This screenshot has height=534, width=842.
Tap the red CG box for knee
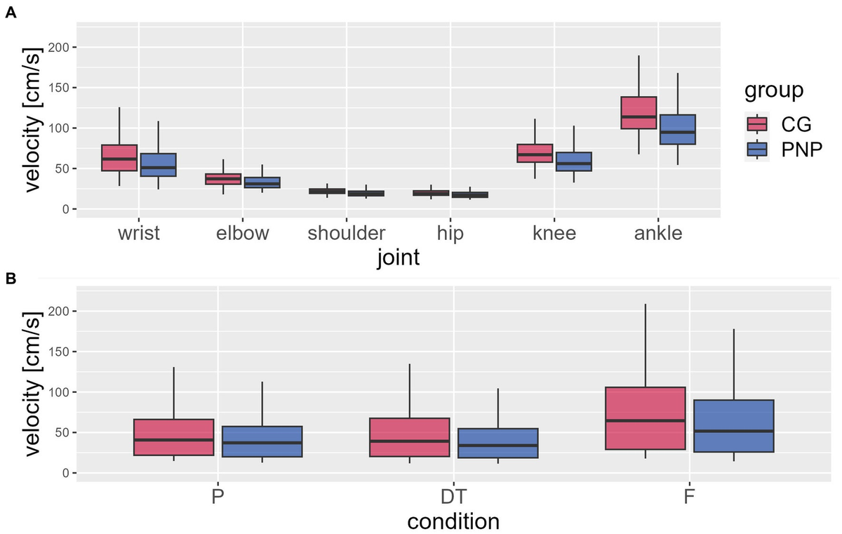pyautogui.click(x=535, y=153)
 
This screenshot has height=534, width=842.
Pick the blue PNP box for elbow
pyautogui.click(x=262, y=182)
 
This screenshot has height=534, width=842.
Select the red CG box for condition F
pyautogui.click(x=645, y=418)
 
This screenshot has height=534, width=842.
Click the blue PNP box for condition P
pyautogui.click(x=262, y=441)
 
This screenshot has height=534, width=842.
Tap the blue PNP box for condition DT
pyautogui.click(x=498, y=443)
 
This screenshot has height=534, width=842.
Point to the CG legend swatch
pyautogui.click(x=756, y=124)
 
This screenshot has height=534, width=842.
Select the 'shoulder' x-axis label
pyautogui.click(x=347, y=233)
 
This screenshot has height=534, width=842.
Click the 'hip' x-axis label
pyautogui.click(x=450, y=233)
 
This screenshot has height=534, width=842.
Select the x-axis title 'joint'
pyautogui.click(x=398, y=258)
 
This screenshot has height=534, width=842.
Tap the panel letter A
pyautogui.click(x=11, y=12)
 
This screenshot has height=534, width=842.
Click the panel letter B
pyautogui.click(x=11, y=279)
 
